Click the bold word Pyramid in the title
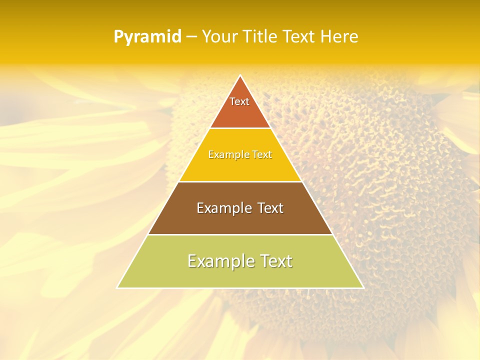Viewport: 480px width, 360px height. click(147, 37)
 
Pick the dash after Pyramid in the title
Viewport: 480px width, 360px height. click(191, 37)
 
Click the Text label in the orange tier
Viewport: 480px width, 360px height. click(239, 101)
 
